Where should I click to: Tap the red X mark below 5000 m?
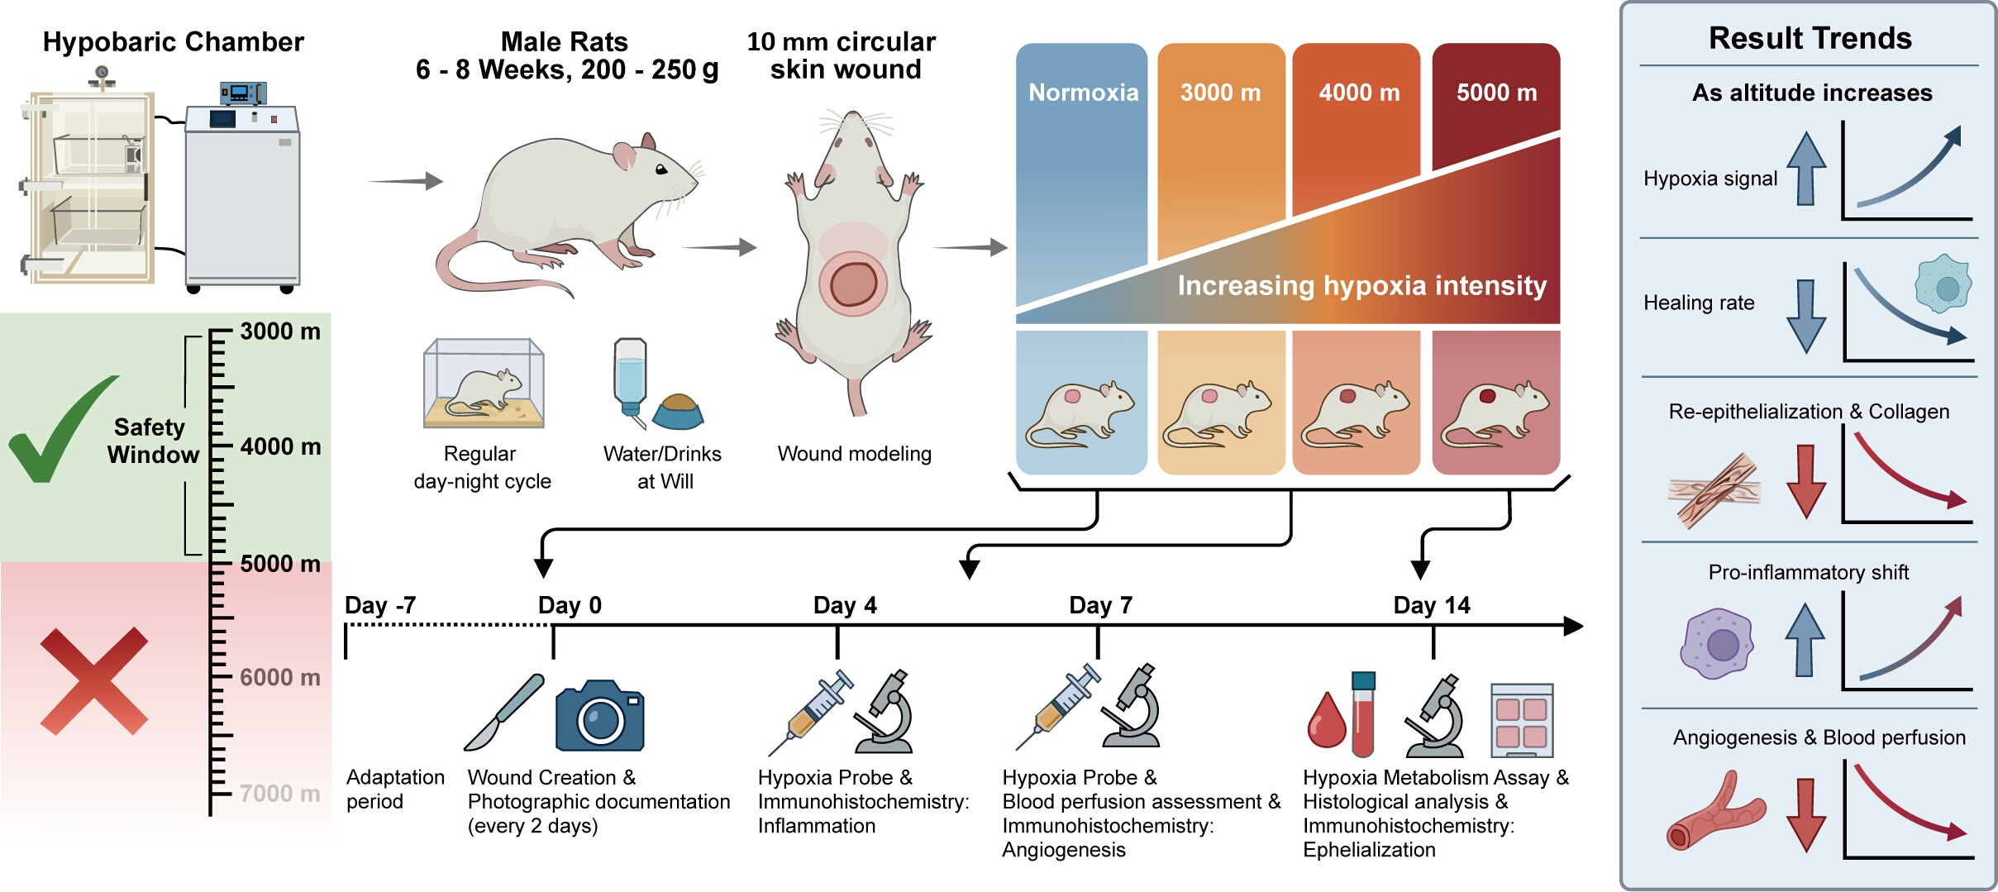[94, 681]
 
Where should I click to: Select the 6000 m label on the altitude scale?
[279, 677]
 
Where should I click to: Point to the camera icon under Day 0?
[599, 716]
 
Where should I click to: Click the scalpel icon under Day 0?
[503, 713]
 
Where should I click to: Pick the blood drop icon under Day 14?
[1327, 719]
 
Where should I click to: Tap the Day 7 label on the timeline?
[1100, 605]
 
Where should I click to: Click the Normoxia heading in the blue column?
[1083, 92]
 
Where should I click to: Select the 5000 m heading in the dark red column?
[1496, 93]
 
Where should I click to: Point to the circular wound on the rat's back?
[853, 284]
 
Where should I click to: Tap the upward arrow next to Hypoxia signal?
[1806, 169]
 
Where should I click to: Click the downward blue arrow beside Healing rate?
[1806, 316]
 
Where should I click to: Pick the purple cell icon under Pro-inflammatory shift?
[1718, 644]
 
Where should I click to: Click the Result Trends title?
[1810, 38]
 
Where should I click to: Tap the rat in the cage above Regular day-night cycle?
[488, 389]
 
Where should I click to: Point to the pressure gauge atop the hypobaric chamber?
[102, 75]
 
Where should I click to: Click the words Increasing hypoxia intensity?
[1361, 285]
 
